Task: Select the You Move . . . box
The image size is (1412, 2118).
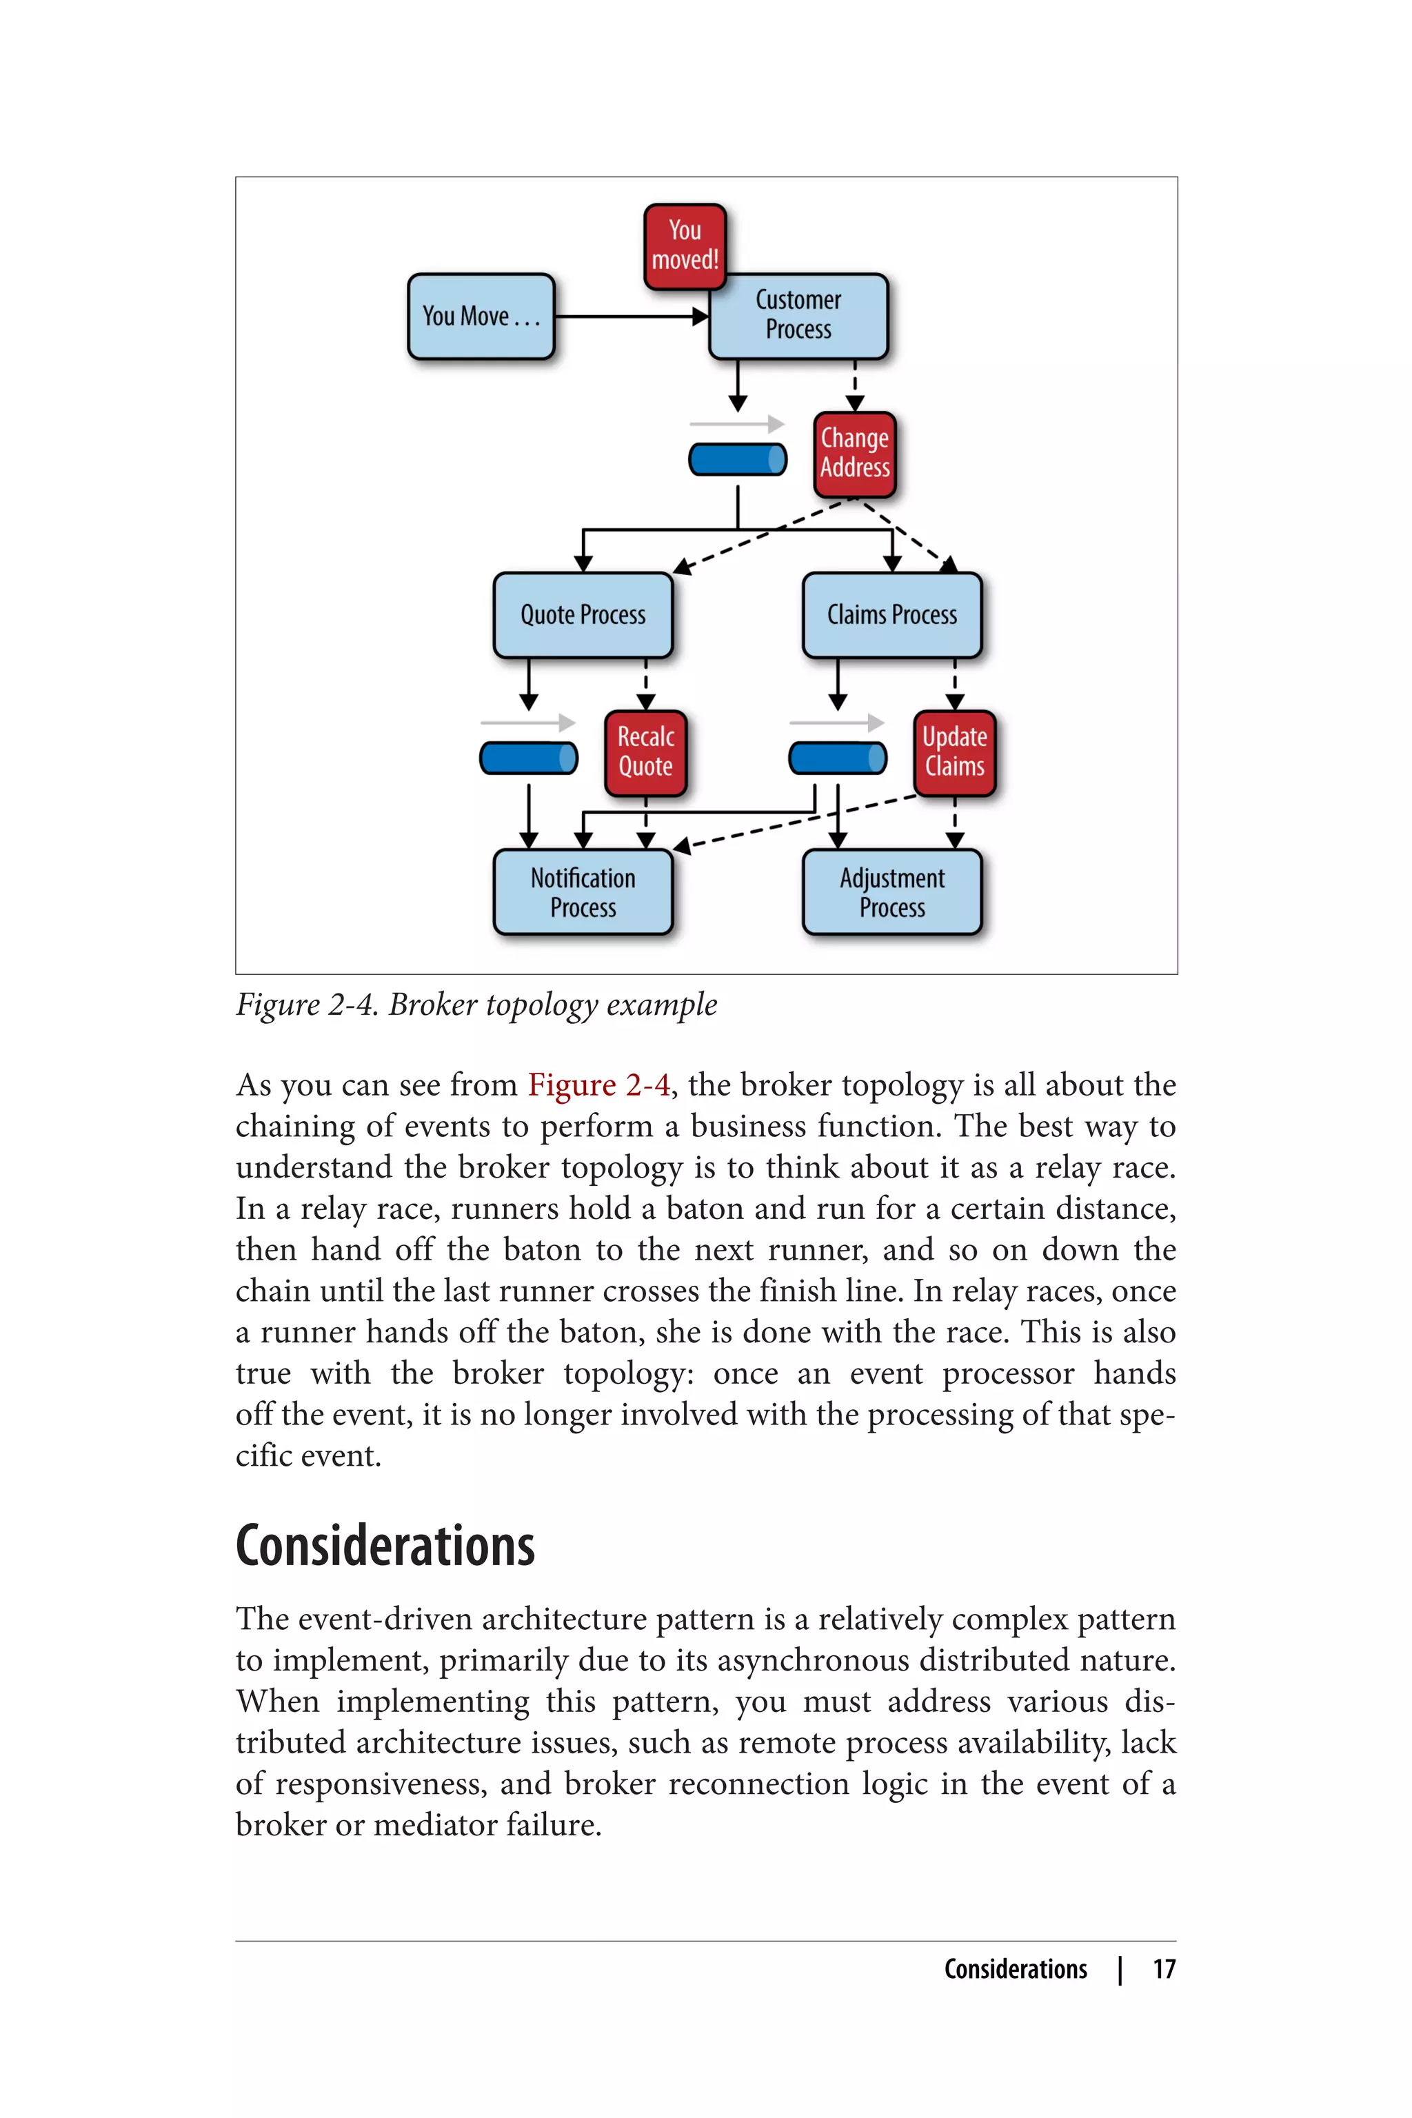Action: point(481,316)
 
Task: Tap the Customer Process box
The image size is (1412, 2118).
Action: point(798,316)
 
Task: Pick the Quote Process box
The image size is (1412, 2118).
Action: point(583,615)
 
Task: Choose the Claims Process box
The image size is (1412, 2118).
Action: point(891,615)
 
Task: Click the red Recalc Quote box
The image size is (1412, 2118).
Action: point(645,753)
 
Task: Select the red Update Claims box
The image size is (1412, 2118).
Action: point(954,753)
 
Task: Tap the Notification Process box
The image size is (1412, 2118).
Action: point(583,891)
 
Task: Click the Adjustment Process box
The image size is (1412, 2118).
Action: point(891,891)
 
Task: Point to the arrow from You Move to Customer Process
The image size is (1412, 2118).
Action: point(630,316)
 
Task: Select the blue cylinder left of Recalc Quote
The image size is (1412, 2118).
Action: point(529,758)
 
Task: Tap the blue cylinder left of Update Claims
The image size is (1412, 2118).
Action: point(838,758)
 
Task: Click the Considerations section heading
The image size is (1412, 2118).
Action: point(385,1547)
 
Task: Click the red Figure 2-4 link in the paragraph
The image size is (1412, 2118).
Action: point(598,1085)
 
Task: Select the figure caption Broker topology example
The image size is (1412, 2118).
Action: point(476,1004)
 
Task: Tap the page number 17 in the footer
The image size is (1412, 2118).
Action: point(1164,1969)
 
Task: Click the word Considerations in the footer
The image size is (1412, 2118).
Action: point(1015,1969)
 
